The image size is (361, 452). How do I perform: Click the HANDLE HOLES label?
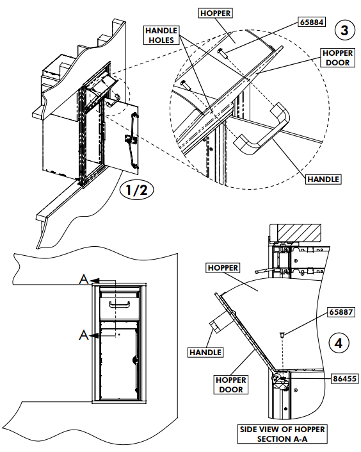click(x=161, y=35)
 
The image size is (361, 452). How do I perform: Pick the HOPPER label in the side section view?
click(x=222, y=267)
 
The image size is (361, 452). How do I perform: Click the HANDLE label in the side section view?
click(x=205, y=352)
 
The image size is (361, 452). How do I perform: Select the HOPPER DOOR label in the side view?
click(x=231, y=385)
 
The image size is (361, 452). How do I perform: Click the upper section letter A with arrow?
click(x=84, y=280)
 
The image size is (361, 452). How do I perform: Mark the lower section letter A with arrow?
click(x=84, y=334)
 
